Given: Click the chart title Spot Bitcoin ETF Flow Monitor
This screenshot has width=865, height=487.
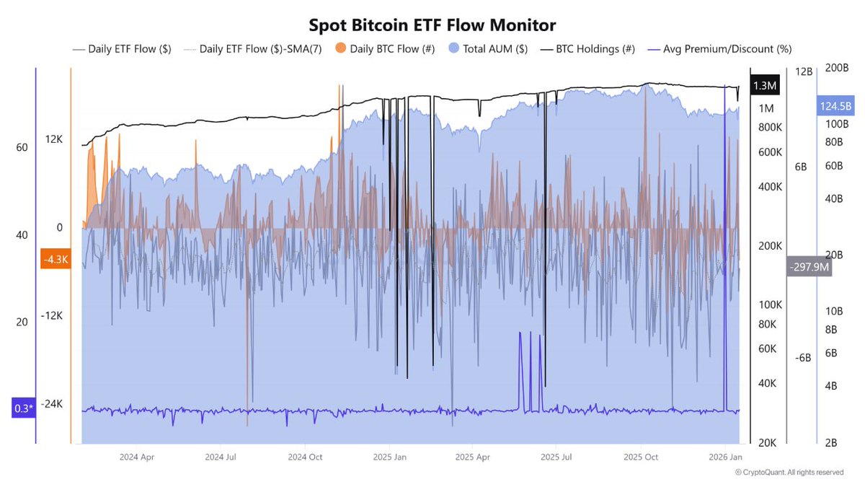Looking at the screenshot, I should point(432,25).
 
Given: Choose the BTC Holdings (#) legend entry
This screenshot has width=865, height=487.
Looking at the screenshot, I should point(590,49).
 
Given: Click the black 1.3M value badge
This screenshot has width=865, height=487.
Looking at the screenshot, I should point(764,86).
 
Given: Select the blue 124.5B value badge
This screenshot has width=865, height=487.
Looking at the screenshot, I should point(835,106).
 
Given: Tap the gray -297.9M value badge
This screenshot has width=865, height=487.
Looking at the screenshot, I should point(809,267).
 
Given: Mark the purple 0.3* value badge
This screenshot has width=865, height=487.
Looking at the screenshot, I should point(24,408).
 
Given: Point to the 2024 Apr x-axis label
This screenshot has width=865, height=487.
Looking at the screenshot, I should point(136,457).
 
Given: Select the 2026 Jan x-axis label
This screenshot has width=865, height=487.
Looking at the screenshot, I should point(727,457).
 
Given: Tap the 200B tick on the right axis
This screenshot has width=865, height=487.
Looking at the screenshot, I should point(838,67).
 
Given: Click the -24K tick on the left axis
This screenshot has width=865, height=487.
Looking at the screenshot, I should point(52,404).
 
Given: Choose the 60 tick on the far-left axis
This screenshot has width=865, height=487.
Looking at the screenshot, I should point(22,147).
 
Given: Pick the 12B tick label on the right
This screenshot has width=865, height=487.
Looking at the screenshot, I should point(804,72).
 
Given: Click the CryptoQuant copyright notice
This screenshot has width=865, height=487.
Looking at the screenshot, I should point(789,473).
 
